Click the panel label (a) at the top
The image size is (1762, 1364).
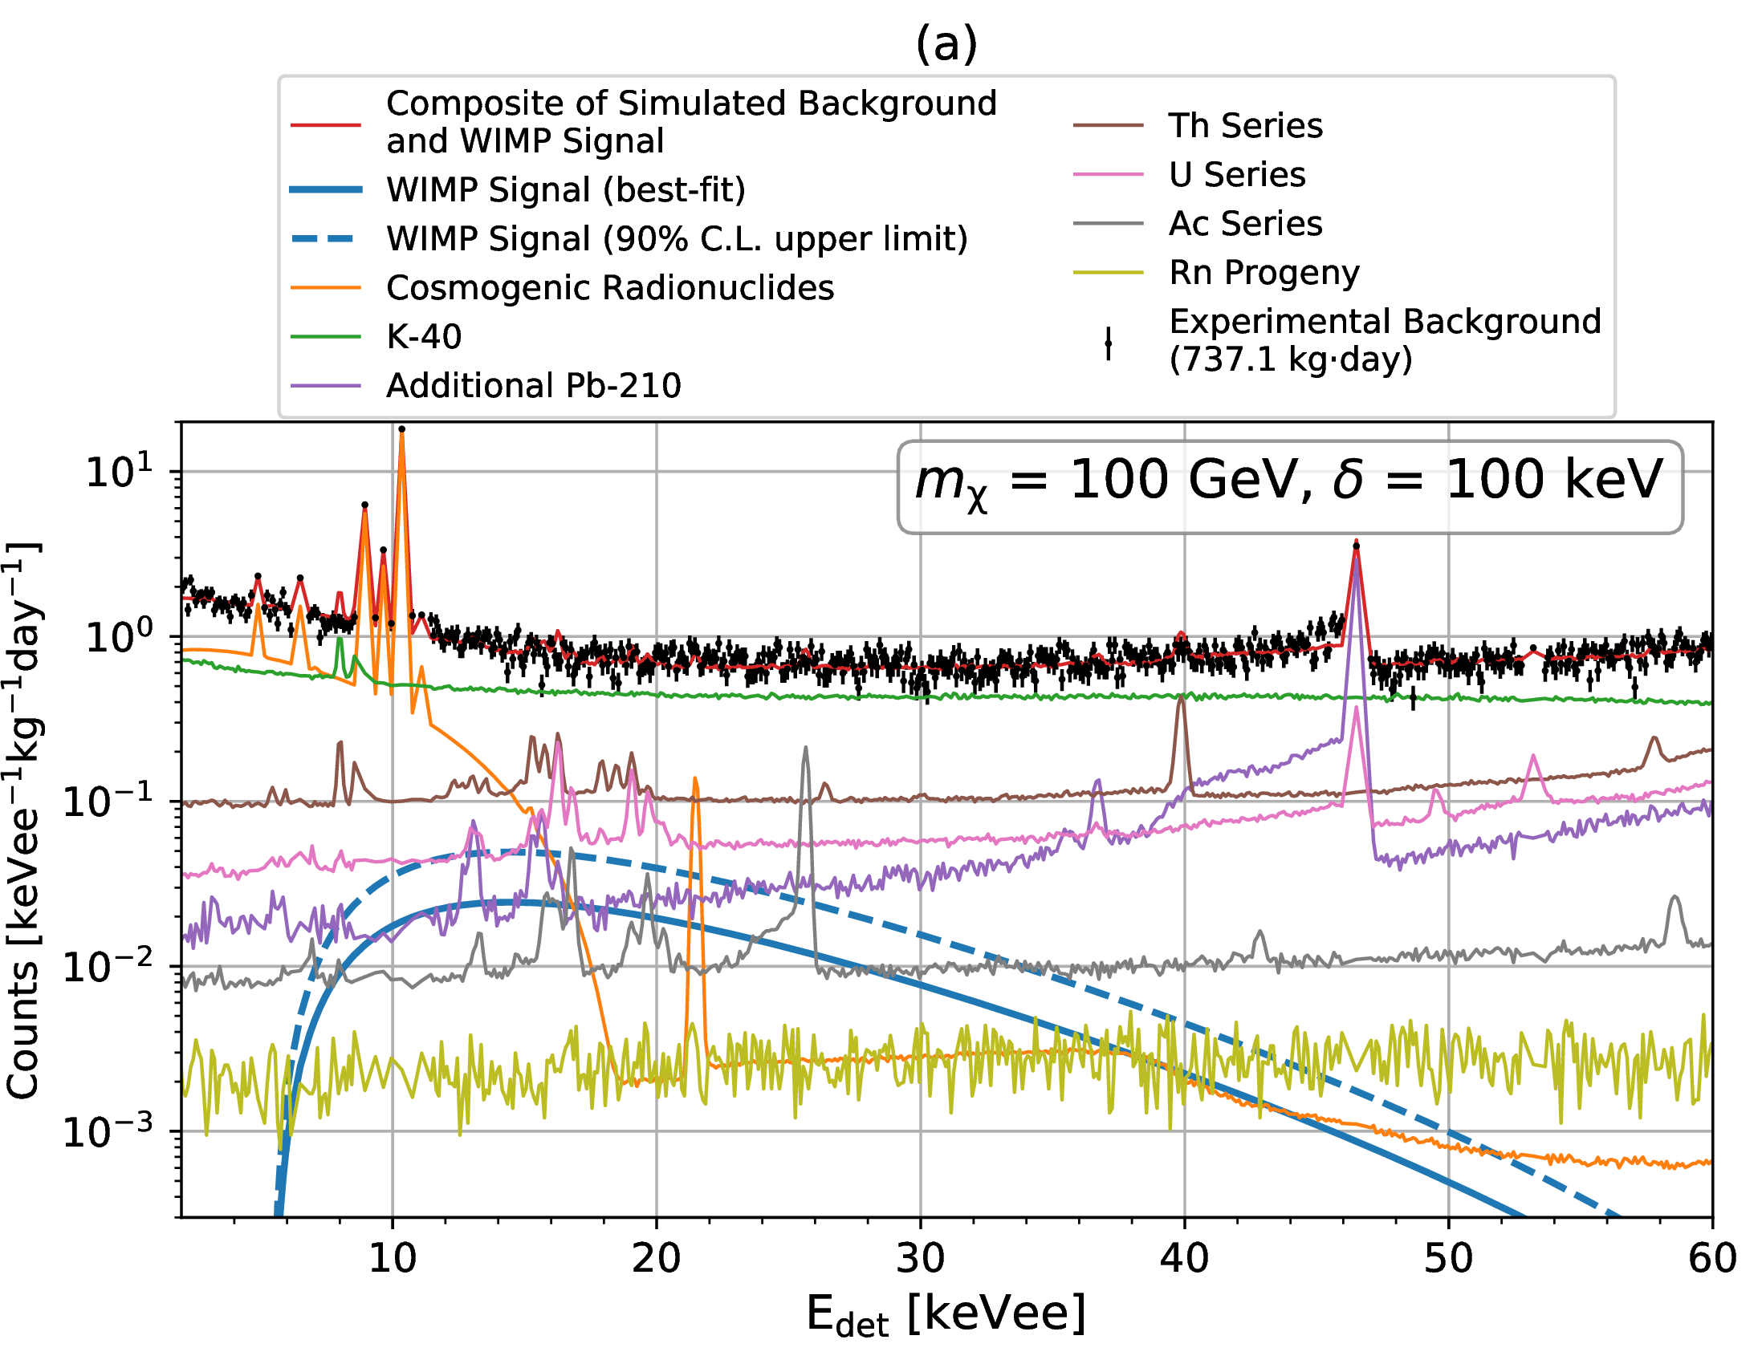click(946, 44)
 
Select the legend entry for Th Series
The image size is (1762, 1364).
click(1245, 126)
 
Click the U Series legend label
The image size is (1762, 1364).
click(1236, 175)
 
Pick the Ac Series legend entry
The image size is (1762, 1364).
click(1245, 223)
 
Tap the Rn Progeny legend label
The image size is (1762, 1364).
click(1264, 273)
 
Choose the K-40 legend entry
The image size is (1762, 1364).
click(424, 337)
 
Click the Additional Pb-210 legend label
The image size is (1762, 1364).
click(533, 386)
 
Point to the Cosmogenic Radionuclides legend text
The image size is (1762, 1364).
click(610, 288)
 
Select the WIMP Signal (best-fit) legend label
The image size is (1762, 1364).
click(566, 190)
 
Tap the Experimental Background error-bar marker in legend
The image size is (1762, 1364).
click(1108, 343)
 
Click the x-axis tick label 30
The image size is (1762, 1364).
click(920, 1259)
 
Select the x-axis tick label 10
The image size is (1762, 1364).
click(392, 1259)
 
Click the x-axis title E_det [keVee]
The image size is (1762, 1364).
click(946, 1315)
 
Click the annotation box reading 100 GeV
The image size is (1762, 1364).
click(1289, 486)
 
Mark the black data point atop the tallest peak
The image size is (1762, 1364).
click(402, 429)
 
